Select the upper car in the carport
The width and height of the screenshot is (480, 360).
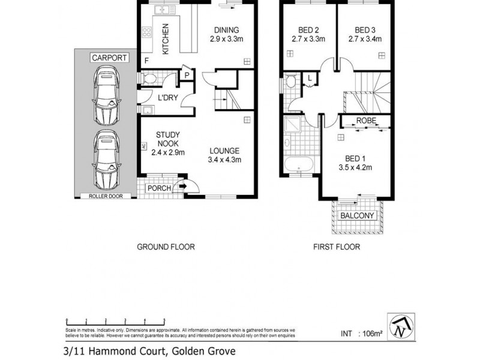[106, 94]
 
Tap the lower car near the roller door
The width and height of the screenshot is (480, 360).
[106, 158]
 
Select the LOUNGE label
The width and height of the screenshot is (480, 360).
[225, 151]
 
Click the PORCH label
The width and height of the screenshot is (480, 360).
[160, 188]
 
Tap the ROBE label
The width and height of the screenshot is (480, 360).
[365, 121]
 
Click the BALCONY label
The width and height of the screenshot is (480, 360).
[357, 215]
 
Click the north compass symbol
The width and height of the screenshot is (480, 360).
[400, 327]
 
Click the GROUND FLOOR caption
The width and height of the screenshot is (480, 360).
[166, 247]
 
